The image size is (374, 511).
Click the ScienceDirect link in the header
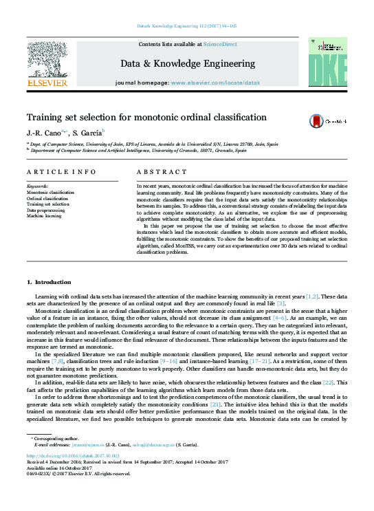point(221,44)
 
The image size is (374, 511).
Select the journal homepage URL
point(214,82)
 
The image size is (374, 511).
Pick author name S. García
point(88,132)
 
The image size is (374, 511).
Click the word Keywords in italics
point(37,186)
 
